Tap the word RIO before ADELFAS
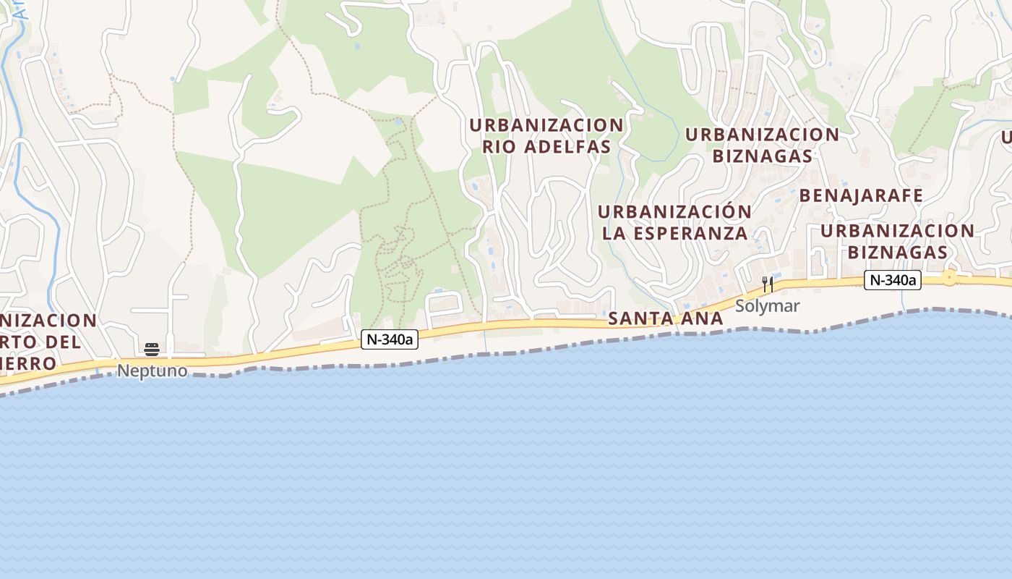(498, 147)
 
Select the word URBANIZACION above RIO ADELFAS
(546, 125)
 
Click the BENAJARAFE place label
(861, 195)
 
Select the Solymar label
(767, 306)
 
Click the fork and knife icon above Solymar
(768, 284)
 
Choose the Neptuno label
(152, 371)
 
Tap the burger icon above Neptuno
(152, 350)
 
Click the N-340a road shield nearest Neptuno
(390, 339)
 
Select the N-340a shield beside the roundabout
(892, 280)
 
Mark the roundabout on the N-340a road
(949, 278)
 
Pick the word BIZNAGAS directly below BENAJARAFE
(897, 252)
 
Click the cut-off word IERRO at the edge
(29, 363)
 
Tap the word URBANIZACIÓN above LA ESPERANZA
(674, 212)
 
